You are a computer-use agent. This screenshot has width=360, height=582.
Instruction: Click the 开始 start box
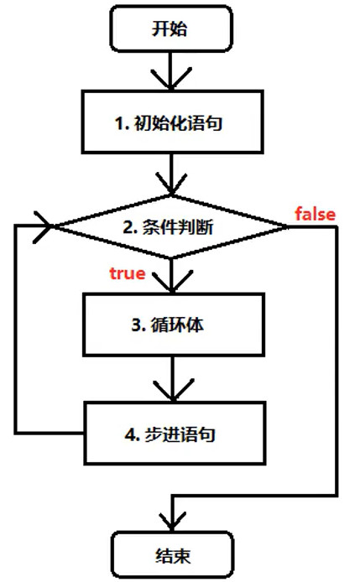point(170,29)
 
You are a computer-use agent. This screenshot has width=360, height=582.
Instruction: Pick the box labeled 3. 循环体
point(170,323)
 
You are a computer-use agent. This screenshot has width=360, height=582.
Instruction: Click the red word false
point(315,214)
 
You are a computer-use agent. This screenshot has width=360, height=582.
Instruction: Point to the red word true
point(128,273)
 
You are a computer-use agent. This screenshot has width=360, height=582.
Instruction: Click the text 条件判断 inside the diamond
point(183,226)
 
